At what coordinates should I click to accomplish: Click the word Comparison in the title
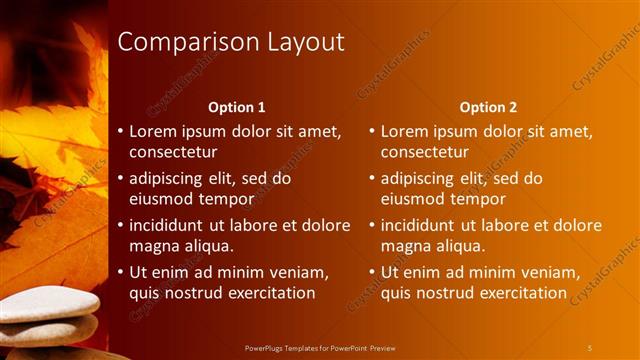point(186,42)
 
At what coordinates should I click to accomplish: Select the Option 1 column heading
point(237,107)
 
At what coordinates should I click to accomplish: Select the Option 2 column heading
point(488,107)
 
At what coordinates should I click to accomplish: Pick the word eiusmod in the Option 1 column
point(162,198)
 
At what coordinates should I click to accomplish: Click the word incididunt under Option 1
point(171,225)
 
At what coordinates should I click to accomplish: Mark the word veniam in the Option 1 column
point(298,272)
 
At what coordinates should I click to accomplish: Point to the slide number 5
point(589,347)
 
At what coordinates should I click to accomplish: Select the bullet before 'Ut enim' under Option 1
point(121,272)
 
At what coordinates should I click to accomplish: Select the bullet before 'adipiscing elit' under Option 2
point(372,178)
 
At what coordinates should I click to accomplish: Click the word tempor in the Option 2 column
point(480,198)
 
